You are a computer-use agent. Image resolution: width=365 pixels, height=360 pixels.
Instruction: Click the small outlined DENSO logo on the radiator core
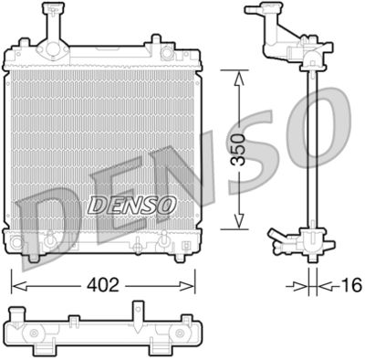[131, 206]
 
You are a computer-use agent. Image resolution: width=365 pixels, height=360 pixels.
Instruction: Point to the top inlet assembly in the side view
[287, 37]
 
